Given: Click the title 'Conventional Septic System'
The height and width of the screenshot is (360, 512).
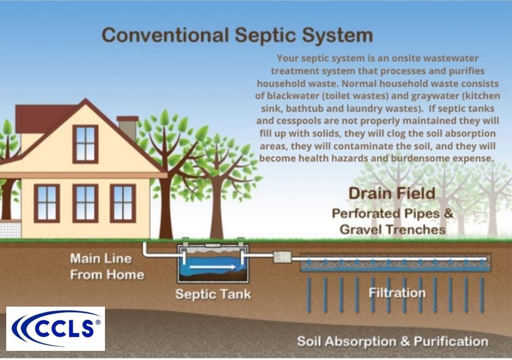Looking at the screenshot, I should point(237,35).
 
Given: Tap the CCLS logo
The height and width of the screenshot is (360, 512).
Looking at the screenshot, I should point(56,329).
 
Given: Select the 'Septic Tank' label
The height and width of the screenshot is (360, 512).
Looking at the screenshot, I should point(213,294).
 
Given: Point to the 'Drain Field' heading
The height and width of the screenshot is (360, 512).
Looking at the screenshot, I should point(392,193).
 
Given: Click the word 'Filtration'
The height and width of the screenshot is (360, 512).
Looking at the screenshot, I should point(397,293).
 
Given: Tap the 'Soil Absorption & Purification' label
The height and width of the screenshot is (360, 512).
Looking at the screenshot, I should point(392,341).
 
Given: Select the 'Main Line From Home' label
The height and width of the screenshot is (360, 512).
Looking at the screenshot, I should point(106,266).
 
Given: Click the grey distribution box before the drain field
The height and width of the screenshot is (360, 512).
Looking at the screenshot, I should point(282,256).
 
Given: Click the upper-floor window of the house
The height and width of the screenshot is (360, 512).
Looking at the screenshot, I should point(85,144).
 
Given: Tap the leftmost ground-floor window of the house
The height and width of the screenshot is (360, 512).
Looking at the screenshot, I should point(47,203).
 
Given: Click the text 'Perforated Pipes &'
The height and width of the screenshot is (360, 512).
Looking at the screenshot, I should point(392,213).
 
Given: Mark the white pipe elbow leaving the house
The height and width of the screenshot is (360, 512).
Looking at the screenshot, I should point(146,252).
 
